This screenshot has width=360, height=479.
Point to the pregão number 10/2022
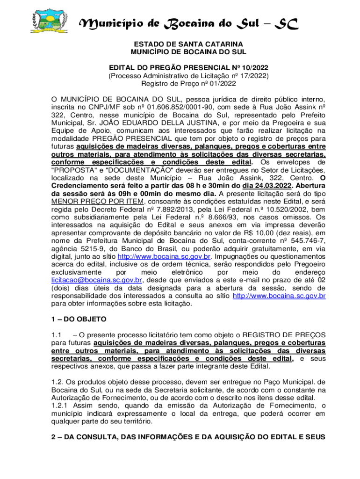pos(255,67)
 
